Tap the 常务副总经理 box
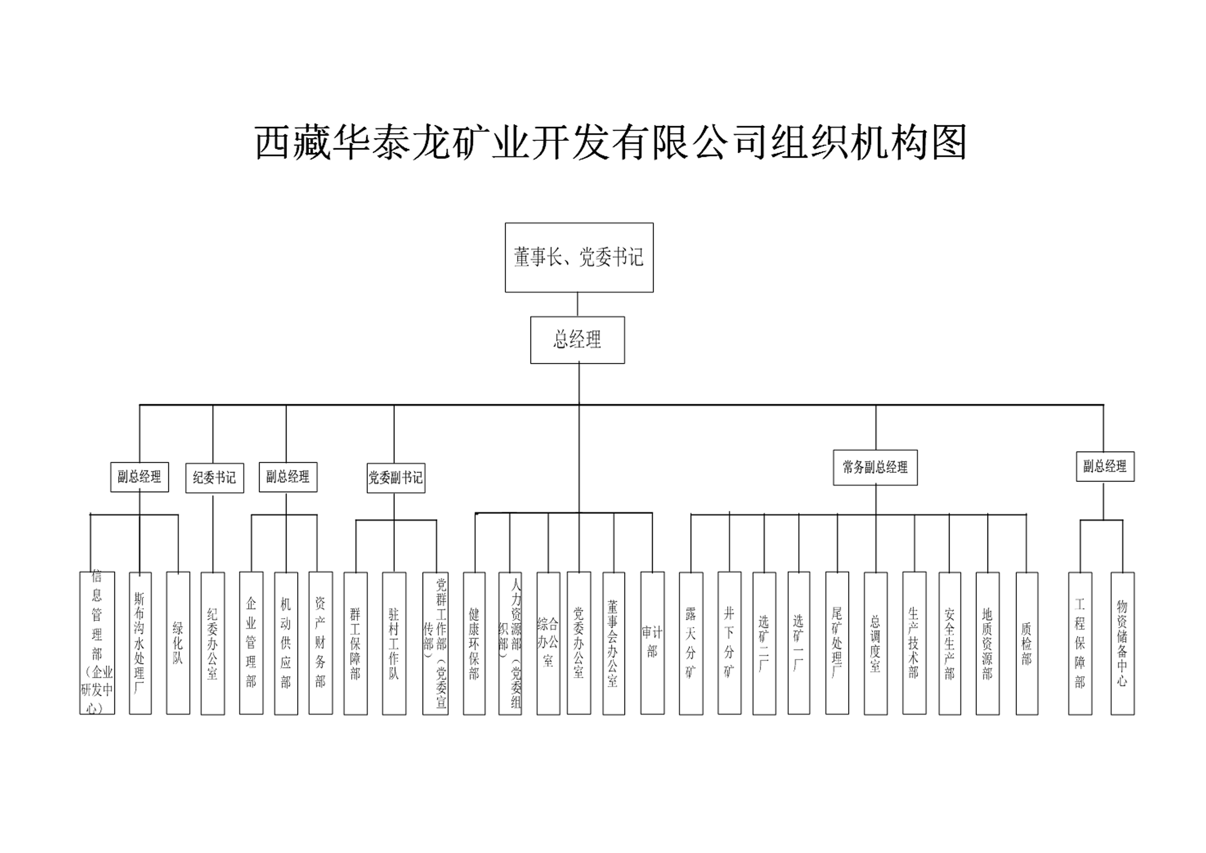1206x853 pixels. (875, 467)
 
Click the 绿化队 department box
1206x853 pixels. (178, 643)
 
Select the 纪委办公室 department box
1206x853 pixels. (213, 643)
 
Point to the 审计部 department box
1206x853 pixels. (653, 643)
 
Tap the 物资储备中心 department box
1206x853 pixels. (1122, 643)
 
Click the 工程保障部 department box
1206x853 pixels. (1080, 643)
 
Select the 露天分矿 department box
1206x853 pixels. (691, 643)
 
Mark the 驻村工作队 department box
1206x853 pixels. (394, 643)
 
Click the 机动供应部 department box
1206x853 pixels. (286, 643)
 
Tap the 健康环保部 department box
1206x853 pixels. (474, 643)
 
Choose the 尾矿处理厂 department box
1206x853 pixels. (837, 643)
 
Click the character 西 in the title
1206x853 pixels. (272, 143)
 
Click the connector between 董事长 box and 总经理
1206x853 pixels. (578, 304)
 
